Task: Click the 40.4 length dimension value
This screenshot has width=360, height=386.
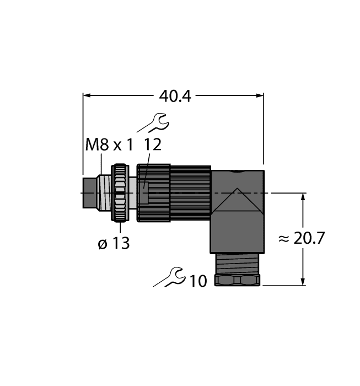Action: pyautogui.click(x=174, y=96)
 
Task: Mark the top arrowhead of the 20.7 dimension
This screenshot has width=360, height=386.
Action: pyautogui.click(x=303, y=197)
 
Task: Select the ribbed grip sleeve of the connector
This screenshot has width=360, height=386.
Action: pyautogui.click(x=190, y=193)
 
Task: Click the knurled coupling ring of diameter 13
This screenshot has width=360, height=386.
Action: pyautogui.click(x=120, y=193)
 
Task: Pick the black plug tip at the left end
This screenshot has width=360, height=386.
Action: pyautogui.click(x=89, y=193)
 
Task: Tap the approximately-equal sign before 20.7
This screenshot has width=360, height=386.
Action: pyautogui.click(x=284, y=239)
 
